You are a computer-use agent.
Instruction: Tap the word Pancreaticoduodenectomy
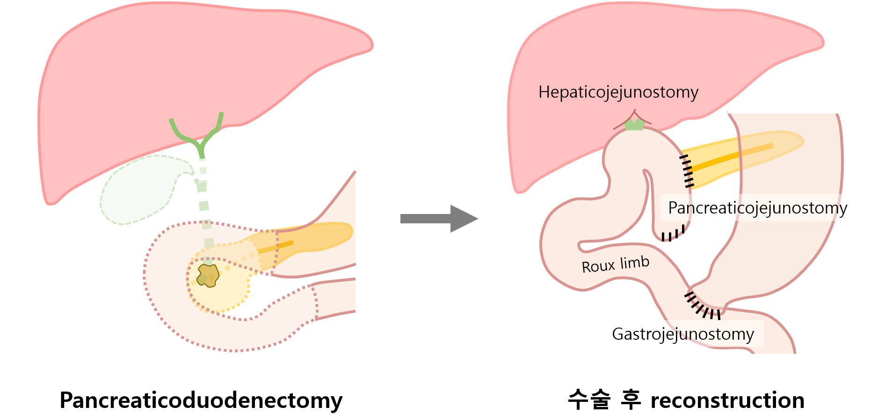pos(201,400)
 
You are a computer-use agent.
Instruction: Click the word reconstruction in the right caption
pos(727,400)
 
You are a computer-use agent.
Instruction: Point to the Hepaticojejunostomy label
pos(618,92)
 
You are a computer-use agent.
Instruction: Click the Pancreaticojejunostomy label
pos(757,208)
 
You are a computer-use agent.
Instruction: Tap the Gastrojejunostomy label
pos(682,334)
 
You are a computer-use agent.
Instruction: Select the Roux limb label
pos(615,264)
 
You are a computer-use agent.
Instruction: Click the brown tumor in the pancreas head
pos(208,275)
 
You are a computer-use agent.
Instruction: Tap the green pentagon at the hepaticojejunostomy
pos(634,124)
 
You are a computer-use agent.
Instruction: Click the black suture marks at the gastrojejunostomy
pos(702,307)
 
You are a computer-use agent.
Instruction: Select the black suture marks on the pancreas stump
pos(687,171)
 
